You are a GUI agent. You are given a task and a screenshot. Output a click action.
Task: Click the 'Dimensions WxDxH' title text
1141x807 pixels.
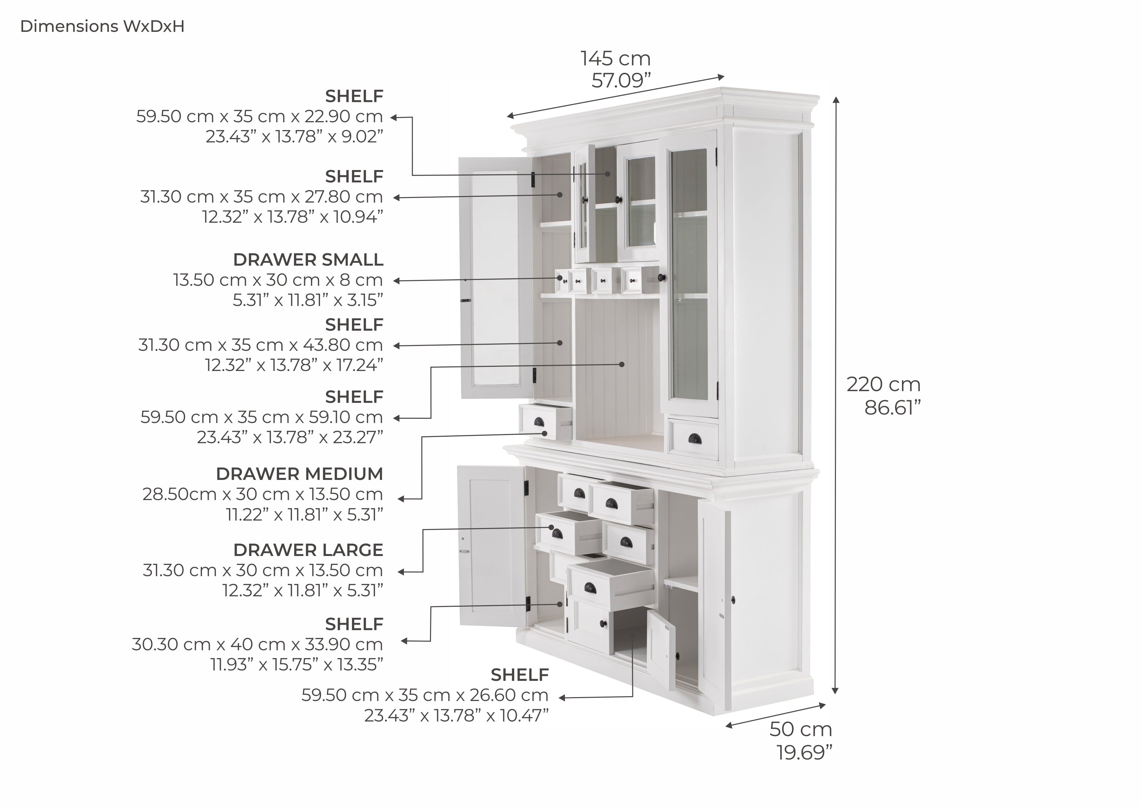(102, 26)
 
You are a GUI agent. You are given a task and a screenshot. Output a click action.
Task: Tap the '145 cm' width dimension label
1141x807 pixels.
(615, 59)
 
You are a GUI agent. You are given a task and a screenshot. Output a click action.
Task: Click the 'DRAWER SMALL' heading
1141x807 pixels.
(308, 259)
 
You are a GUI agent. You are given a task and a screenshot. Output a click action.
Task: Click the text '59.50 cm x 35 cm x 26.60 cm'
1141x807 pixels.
(425, 695)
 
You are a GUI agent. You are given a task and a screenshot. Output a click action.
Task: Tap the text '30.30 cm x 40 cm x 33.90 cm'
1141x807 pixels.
(257, 644)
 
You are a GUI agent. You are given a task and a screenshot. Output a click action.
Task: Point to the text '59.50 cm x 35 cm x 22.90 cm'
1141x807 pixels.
(260, 116)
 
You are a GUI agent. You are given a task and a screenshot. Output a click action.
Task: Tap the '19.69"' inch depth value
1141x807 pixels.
(804, 752)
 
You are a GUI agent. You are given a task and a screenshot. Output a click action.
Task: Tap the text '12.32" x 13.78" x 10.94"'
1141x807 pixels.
(293, 217)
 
